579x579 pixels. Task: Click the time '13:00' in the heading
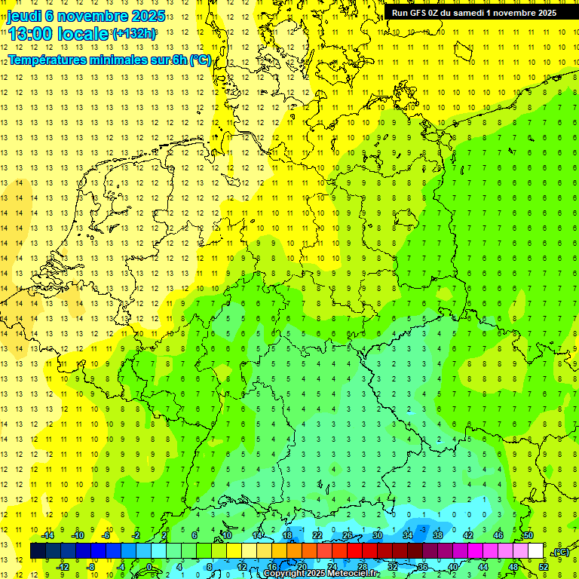(30, 34)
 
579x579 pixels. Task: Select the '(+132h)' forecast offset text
(135, 34)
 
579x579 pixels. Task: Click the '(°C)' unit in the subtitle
(200, 60)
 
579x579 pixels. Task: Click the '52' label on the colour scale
(543, 566)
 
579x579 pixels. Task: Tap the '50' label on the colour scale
(528, 535)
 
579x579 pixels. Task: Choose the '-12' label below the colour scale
(63, 566)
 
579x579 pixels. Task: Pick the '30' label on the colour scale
(377, 535)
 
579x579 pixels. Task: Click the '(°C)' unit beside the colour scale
(561, 552)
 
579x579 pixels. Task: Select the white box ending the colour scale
(536, 551)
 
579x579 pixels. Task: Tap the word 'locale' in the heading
(81, 34)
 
